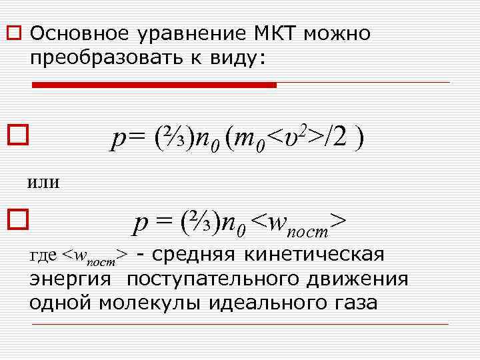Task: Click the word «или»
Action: tap(43, 181)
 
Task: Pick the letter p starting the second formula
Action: tap(140, 223)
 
